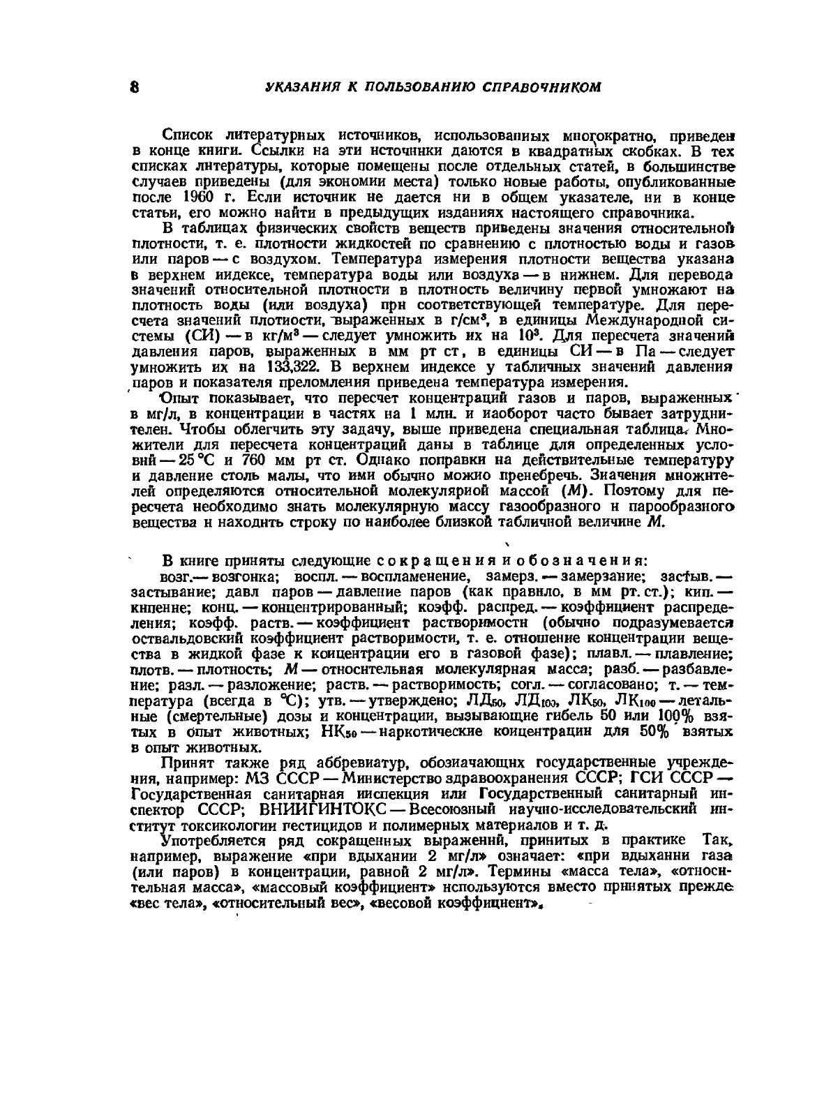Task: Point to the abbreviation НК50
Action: pos(339,731)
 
